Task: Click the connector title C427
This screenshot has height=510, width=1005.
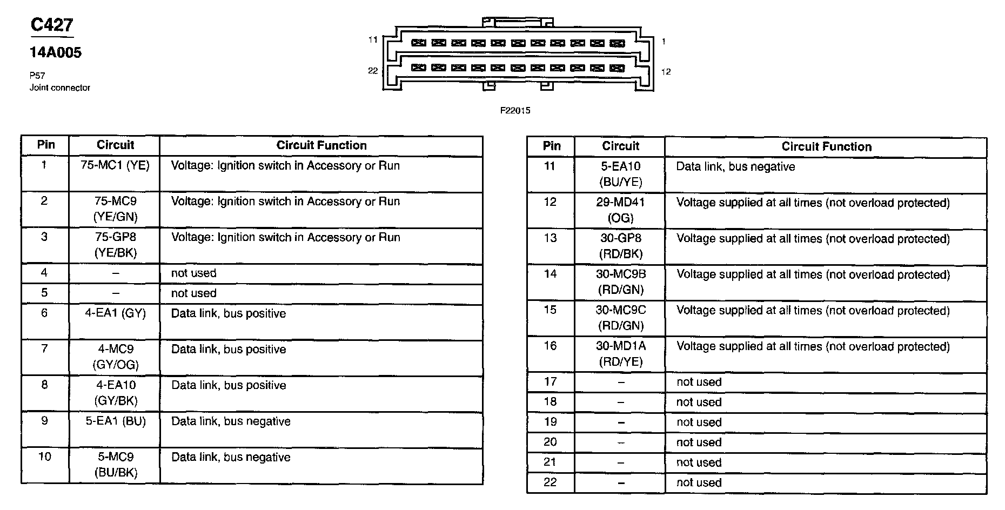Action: pyautogui.click(x=52, y=25)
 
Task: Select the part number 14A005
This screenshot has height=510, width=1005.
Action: pyautogui.click(x=55, y=52)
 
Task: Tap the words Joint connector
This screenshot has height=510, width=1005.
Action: pyautogui.click(x=59, y=88)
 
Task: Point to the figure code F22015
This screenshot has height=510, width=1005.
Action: pyautogui.click(x=515, y=111)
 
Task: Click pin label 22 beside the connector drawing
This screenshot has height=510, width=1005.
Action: pyautogui.click(x=373, y=71)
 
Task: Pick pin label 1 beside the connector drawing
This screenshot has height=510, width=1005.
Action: pyautogui.click(x=664, y=41)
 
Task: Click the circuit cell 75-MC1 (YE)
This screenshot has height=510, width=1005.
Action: pyautogui.click(x=115, y=165)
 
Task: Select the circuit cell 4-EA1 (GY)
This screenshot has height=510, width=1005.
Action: pyautogui.click(x=115, y=313)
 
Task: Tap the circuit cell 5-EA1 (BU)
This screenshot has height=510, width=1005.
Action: pyautogui.click(x=116, y=421)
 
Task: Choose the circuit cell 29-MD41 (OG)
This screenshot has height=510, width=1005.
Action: pyautogui.click(x=620, y=210)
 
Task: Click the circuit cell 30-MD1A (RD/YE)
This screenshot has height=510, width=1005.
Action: pyautogui.click(x=620, y=353)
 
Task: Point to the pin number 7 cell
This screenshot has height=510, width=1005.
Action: pyautogui.click(x=44, y=348)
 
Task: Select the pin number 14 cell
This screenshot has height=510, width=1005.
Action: pyautogui.click(x=550, y=274)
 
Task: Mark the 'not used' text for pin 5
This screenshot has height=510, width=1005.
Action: pyautogui.click(x=193, y=293)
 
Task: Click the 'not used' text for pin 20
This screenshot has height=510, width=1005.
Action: pyautogui.click(x=699, y=442)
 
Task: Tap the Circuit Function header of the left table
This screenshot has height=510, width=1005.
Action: pyautogui.click(x=321, y=145)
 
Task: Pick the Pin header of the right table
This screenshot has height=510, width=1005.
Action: pyautogui.click(x=552, y=146)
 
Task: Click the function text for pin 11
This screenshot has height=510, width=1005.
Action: pyautogui.click(x=735, y=167)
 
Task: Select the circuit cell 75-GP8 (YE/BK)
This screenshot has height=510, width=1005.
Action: pyautogui.click(x=115, y=245)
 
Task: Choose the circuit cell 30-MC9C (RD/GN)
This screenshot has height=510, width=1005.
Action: pyautogui.click(x=620, y=318)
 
